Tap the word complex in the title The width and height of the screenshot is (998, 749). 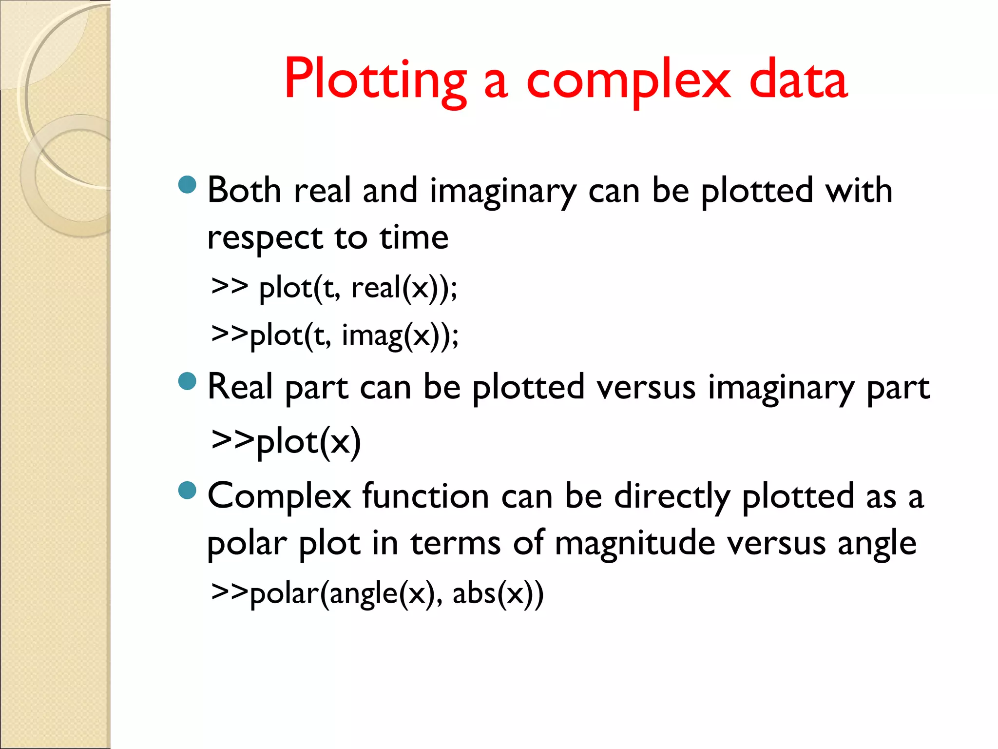tap(629, 80)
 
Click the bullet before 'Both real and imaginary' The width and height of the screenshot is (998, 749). tap(187, 185)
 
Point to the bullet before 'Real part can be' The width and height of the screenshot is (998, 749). tap(187, 382)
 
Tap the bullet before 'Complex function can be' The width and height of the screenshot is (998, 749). tap(187, 491)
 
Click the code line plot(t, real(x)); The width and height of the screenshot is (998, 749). tap(334, 287)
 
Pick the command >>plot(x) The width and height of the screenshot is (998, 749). tap(286, 441)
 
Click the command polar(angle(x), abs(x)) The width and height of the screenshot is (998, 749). tap(377, 593)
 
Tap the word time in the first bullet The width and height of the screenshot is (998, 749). tap(414, 238)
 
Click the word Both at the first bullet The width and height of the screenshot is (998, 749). tap(244, 190)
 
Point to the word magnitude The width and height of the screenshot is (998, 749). tap(634, 543)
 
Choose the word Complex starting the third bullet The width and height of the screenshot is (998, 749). tap(279, 496)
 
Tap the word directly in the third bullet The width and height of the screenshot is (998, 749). tap(672, 496)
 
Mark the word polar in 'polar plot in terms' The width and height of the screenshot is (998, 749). tap(247, 544)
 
